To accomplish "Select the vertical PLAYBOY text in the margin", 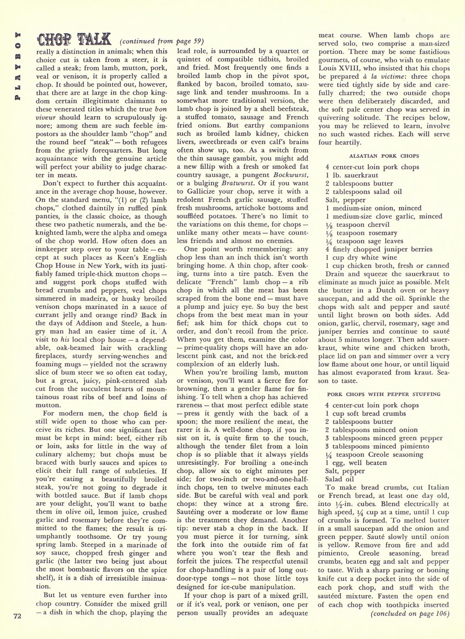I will (x=17, y=65).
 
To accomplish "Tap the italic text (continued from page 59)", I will (x=162, y=41).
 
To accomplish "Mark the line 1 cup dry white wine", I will (x=361, y=258).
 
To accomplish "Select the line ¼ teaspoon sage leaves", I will (x=364, y=241).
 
